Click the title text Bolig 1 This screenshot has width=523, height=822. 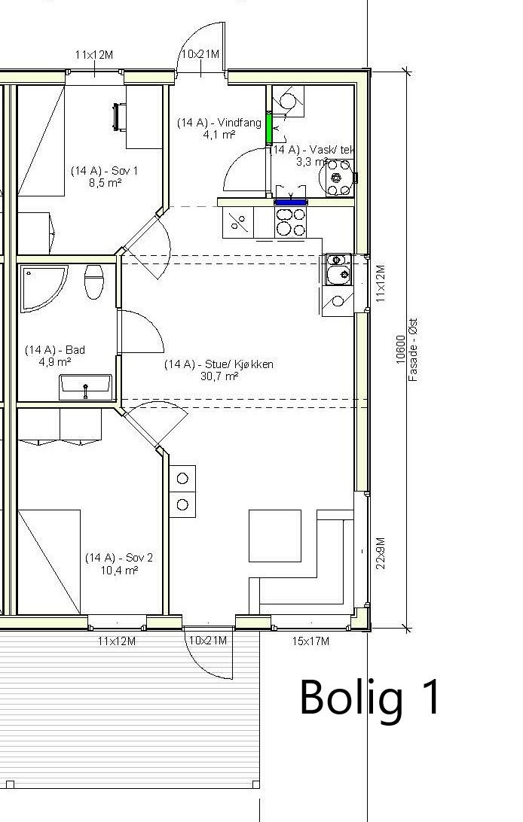370,697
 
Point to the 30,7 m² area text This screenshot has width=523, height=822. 219,376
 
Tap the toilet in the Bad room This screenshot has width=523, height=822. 93,282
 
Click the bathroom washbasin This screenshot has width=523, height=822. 85,388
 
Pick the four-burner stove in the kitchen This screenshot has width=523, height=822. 291,222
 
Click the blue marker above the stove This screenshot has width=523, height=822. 291,202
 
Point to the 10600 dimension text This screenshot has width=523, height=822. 400,349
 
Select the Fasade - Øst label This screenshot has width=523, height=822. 413,349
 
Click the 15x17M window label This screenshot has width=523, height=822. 310,641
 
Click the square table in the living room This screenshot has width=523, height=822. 275,536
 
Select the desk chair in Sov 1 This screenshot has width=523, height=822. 118,116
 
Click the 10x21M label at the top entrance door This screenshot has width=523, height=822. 200,54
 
